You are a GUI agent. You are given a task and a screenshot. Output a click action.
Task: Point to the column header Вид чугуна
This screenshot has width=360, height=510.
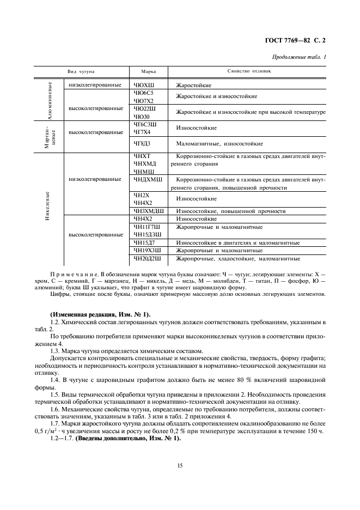(81, 71)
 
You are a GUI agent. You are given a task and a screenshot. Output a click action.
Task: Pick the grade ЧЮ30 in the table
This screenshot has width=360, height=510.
(142, 116)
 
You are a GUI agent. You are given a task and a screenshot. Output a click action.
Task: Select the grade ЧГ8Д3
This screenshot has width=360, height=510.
(142, 144)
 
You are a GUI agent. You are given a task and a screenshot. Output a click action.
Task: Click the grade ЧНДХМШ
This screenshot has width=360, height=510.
(148, 179)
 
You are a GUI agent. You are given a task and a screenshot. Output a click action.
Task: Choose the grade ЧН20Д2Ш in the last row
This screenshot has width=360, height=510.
(148, 258)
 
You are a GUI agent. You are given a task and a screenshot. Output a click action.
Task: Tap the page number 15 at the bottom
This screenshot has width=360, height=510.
(179, 465)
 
